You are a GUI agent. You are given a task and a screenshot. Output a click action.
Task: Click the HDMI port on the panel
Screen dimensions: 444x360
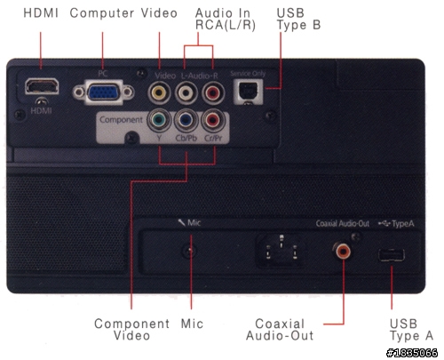click(x=42, y=86)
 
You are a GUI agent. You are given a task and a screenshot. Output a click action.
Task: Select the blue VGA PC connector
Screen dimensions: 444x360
click(x=103, y=92)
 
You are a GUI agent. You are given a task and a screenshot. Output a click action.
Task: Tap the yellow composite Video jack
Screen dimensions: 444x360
click(x=159, y=92)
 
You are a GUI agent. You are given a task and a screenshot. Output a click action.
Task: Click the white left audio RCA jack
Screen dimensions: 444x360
click(x=186, y=92)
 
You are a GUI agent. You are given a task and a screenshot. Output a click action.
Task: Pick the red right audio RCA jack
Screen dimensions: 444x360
click(x=213, y=92)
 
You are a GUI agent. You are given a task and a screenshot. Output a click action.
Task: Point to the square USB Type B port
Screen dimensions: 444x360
click(x=248, y=92)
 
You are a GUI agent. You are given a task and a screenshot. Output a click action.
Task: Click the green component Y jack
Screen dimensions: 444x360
click(x=159, y=120)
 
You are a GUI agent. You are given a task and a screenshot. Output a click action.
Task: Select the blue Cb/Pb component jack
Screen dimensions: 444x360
click(x=186, y=120)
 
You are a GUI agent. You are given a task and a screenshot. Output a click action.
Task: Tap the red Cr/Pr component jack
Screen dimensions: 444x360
click(x=213, y=120)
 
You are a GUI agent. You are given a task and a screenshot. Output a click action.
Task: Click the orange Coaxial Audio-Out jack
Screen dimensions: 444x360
click(x=343, y=252)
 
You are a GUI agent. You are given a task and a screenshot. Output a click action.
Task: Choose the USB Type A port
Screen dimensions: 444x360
click(x=392, y=255)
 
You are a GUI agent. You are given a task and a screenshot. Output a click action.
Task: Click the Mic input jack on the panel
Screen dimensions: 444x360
click(x=190, y=252)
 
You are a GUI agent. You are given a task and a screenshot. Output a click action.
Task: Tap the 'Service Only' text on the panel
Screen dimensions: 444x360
click(x=248, y=73)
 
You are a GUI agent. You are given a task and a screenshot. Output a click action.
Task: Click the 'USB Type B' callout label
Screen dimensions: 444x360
click(x=298, y=19)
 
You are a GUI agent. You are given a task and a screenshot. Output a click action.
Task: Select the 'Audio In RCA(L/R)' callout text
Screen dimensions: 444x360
click(x=225, y=19)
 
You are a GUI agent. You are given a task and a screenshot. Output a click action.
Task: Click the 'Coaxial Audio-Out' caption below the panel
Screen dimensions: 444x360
click(x=280, y=330)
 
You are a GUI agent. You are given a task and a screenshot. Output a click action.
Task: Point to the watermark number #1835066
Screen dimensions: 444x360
click(x=412, y=353)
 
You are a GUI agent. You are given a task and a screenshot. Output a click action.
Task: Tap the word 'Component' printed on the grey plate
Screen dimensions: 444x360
click(x=121, y=120)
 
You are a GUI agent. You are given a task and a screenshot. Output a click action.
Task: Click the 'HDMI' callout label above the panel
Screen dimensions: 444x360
click(x=41, y=13)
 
